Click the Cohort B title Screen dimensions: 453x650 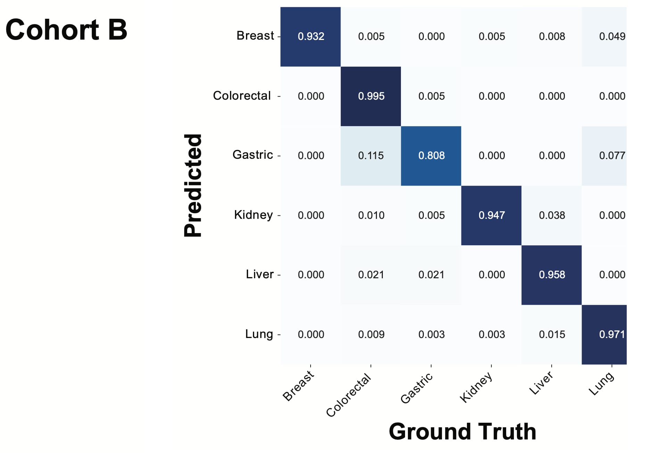click(66, 30)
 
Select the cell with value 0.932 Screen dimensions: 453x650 click(311, 36)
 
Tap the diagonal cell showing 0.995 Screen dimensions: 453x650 click(371, 96)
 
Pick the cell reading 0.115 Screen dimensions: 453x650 click(371, 156)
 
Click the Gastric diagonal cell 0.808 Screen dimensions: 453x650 click(431, 156)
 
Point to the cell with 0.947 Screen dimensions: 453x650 click(491, 215)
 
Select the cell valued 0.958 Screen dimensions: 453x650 click(552, 275)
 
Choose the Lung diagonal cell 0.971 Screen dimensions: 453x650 click(604, 335)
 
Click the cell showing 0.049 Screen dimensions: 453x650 click(604, 36)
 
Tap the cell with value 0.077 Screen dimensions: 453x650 click(604, 156)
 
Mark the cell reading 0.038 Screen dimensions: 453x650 click(552, 215)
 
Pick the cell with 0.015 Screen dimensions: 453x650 click(552, 335)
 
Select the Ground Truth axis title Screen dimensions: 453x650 click(462, 431)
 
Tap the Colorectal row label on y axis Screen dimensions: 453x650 click(242, 96)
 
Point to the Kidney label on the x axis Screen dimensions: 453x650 click(476, 387)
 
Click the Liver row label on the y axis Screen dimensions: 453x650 click(260, 274)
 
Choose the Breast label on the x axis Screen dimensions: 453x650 click(298, 386)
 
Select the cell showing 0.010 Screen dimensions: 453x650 click(371, 215)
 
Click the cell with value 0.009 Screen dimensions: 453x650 click(371, 335)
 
